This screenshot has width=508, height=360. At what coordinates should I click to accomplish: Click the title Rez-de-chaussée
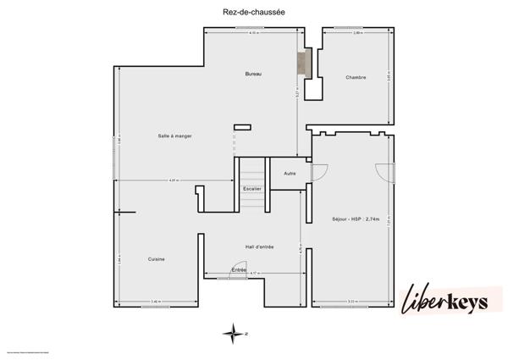pyautogui.click(x=253, y=11)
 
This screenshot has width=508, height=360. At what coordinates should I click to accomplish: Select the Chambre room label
pyautogui.click(x=356, y=78)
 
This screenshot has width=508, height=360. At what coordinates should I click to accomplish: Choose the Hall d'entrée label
pyautogui.click(x=259, y=246)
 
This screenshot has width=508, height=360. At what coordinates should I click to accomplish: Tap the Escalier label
pyautogui.click(x=251, y=188)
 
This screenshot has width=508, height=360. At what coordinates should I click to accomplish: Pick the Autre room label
pyautogui.click(x=290, y=174)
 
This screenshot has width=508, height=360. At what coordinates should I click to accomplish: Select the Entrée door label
pyautogui.click(x=239, y=269)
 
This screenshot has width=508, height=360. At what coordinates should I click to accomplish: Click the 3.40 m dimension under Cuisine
pyautogui.click(x=156, y=302)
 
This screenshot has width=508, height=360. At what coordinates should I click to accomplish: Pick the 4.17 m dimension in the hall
pyautogui.click(x=253, y=273)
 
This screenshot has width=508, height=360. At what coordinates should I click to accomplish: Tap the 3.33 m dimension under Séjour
pyautogui.click(x=351, y=302)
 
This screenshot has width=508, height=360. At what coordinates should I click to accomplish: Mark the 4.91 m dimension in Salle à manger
pyautogui.click(x=174, y=180)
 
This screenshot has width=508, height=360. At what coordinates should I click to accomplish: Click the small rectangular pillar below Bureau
pyautogui.click(x=243, y=127)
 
